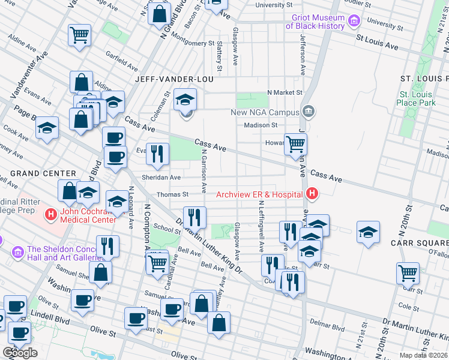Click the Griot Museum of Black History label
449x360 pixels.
tap(315, 22)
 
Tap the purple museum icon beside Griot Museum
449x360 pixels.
tap(354, 22)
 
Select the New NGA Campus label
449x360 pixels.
tap(265, 113)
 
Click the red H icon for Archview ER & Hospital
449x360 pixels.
tap(312, 194)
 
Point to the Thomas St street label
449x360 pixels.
tap(172, 194)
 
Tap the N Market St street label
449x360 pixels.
tap(284, 92)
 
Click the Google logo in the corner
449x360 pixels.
tap(20, 353)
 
